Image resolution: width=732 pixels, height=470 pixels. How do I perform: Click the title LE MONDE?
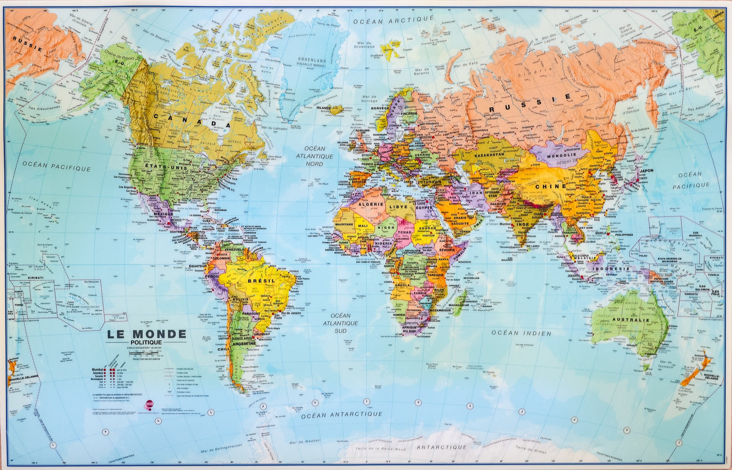click(146, 334)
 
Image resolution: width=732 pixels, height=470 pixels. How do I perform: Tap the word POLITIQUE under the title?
click(146, 342)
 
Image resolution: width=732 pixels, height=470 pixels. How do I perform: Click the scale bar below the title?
click(146, 352)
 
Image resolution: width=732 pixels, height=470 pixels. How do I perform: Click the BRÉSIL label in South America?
click(262, 281)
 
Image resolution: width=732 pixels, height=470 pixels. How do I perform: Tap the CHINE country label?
click(550, 186)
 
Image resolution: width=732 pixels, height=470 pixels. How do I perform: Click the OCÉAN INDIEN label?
click(521, 333)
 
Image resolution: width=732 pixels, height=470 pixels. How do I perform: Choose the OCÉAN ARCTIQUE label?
click(393, 20)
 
